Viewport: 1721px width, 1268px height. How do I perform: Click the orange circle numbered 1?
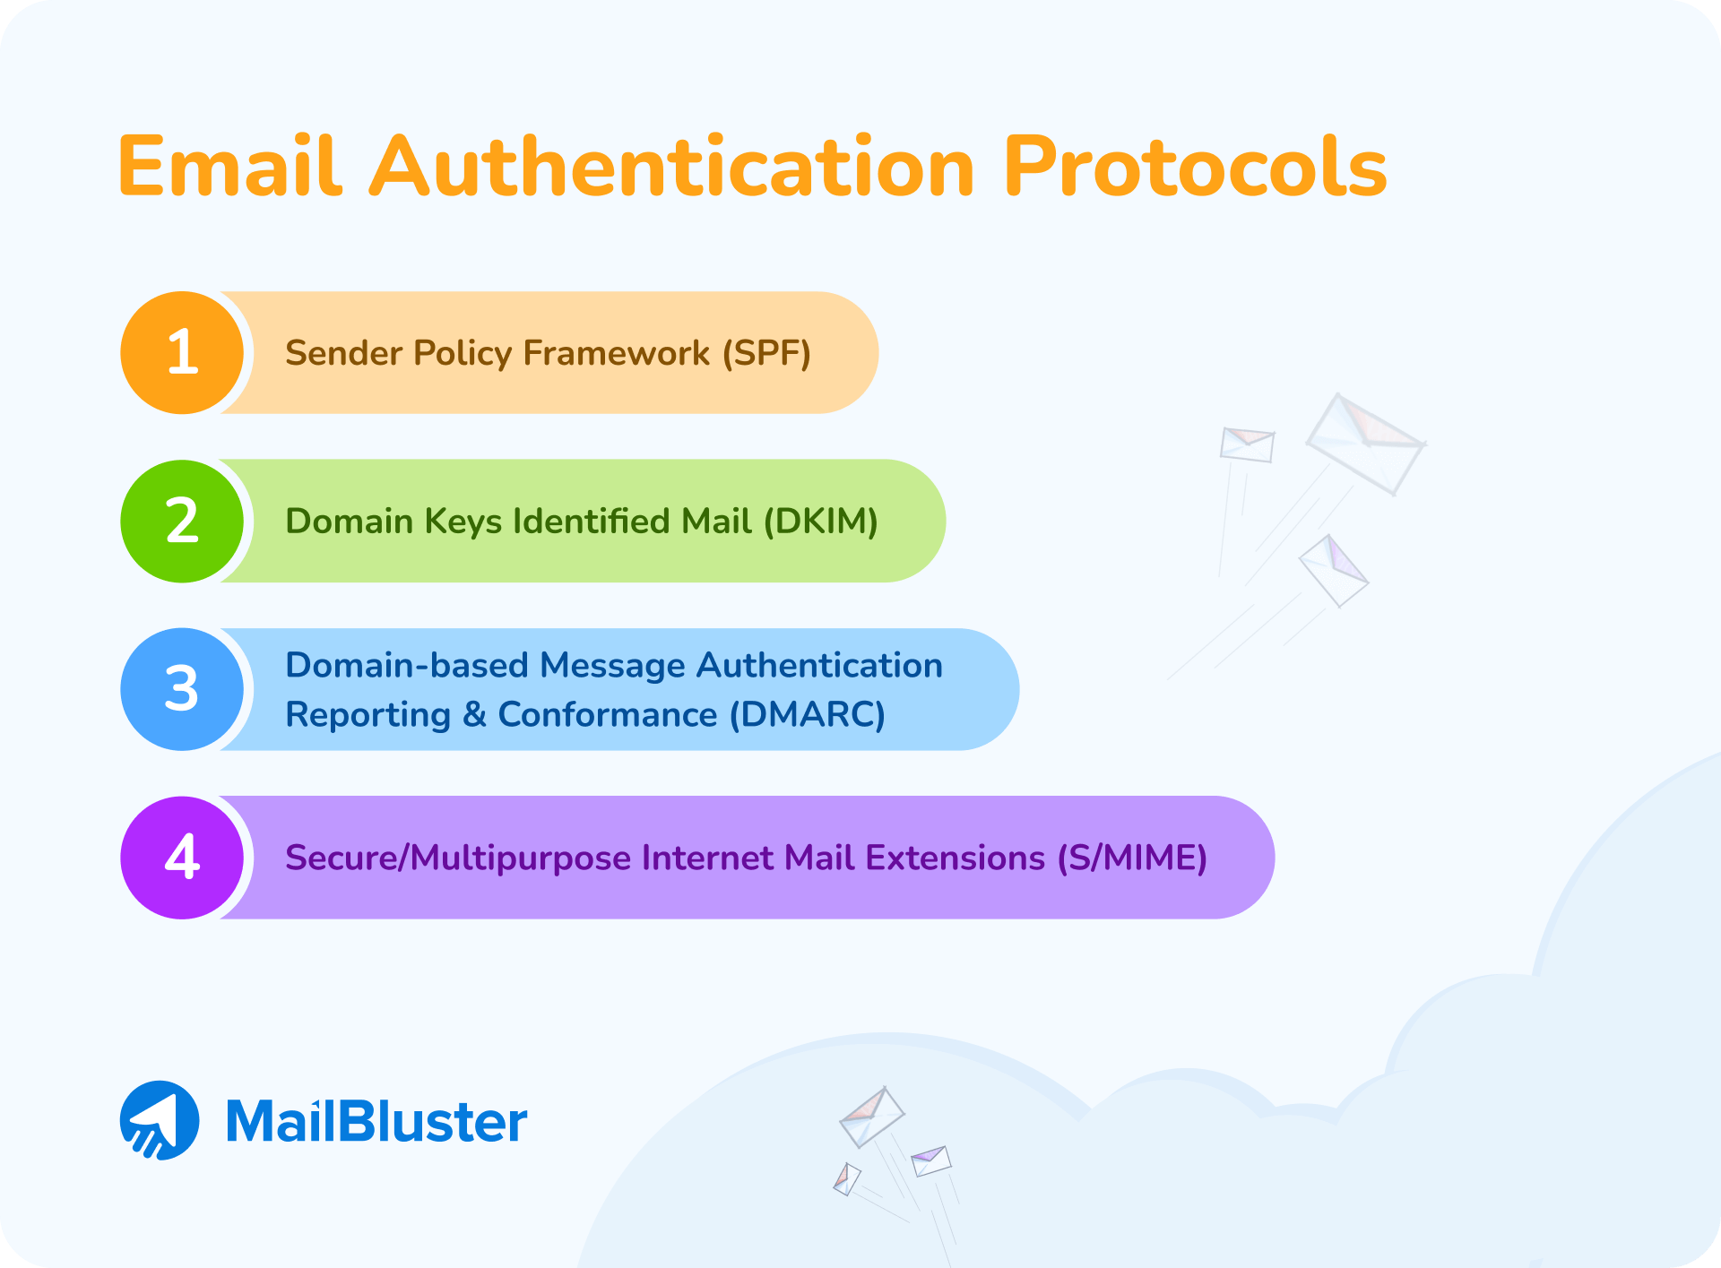(183, 352)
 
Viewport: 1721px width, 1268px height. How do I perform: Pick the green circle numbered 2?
(183, 521)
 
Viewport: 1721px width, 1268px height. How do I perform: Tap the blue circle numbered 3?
(183, 689)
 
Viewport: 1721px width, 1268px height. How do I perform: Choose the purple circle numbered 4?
(183, 858)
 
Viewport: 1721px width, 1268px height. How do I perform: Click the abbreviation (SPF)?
(767, 353)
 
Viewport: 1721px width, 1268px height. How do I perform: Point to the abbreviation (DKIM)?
(821, 522)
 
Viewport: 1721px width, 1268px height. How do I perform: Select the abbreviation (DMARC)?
(808, 715)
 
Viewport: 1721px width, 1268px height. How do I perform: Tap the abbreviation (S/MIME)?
(1132, 858)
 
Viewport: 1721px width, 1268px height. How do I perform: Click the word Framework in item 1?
(617, 353)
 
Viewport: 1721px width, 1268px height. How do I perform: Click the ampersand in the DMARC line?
(474, 715)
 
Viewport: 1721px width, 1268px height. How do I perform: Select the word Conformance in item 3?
(608, 715)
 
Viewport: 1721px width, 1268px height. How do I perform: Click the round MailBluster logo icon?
(160, 1120)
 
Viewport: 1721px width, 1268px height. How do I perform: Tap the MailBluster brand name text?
(376, 1122)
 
